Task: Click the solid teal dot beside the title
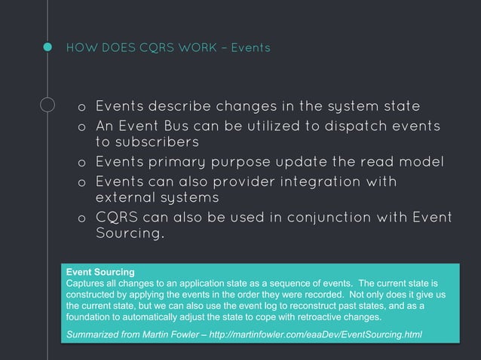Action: [x=47, y=48]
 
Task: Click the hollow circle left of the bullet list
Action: [x=47, y=106]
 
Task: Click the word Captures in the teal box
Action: [x=87, y=282]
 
